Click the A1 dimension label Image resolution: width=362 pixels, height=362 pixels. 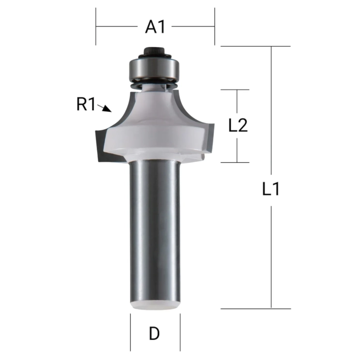pyautogui.click(x=155, y=27)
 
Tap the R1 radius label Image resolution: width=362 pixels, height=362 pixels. pyautogui.click(x=86, y=105)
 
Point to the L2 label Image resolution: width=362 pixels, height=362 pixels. pyautogui.click(x=238, y=126)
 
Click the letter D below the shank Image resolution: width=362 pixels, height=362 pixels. pyautogui.click(x=154, y=334)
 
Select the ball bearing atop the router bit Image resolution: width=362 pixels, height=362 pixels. pyautogui.click(x=155, y=67)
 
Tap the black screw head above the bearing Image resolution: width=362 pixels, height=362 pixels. pyautogui.click(x=155, y=50)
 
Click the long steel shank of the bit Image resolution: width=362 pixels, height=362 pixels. pyautogui.click(x=155, y=228)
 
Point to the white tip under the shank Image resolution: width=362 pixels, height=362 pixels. pyautogui.click(x=155, y=305)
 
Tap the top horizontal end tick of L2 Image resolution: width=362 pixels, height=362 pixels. pyautogui.click(x=236, y=89)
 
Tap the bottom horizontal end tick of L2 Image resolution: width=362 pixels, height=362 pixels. pyautogui.click(x=236, y=162)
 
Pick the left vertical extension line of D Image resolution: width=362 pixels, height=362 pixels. pyautogui.click(x=130, y=331)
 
